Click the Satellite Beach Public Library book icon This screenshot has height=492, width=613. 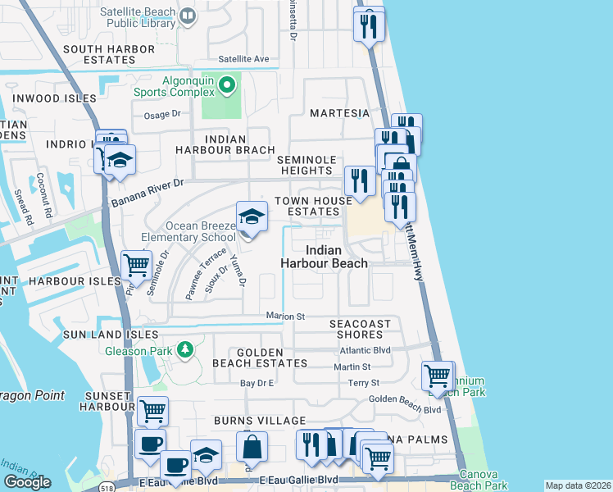coord(188,16)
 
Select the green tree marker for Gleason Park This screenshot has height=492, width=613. coord(186,350)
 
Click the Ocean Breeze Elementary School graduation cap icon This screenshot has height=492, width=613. coord(252,217)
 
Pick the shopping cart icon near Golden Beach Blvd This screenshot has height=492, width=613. coord(437,376)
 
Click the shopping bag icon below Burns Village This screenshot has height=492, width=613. coord(252,447)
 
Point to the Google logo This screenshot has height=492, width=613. coord(27,481)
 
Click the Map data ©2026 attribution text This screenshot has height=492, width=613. coord(578,485)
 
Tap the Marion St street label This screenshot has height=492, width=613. coord(285,316)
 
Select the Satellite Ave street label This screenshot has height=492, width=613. coord(243,59)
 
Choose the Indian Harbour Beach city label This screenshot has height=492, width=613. coord(324,257)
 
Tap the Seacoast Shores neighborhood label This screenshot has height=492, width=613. coord(361,330)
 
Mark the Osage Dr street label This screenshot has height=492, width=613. coord(161,116)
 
